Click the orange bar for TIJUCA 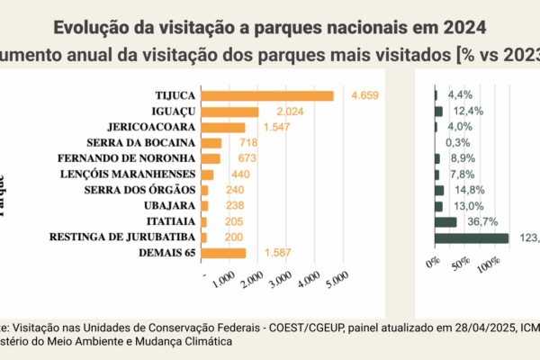click(267, 95)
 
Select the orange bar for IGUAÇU click(229, 112)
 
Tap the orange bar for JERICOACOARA click(222, 127)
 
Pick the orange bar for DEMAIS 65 click(223, 253)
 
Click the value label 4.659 click(367, 95)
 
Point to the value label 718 click(249, 143)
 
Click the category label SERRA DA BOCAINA click(141, 143)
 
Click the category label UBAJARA click(169, 206)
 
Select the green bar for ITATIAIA click(445, 221)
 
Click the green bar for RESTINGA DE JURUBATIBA click(472, 238)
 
